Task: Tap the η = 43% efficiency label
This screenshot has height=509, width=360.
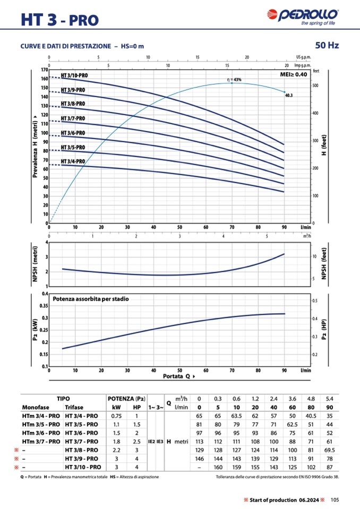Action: click(234, 80)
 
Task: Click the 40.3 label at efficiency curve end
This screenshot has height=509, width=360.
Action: click(289, 96)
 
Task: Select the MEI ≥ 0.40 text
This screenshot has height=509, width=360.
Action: click(293, 75)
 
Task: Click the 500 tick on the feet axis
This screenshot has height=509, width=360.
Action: click(315, 85)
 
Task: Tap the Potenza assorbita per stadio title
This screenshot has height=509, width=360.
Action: click(90, 299)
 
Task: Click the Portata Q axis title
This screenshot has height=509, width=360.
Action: click(178, 376)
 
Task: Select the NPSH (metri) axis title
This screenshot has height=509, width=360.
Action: click(36, 264)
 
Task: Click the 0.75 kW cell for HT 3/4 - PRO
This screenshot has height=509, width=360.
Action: click(117, 416)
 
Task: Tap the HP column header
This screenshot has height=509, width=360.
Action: click(137, 407)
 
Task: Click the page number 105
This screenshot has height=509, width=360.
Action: click(335, 499)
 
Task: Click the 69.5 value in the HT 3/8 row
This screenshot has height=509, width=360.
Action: click(329, 450)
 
